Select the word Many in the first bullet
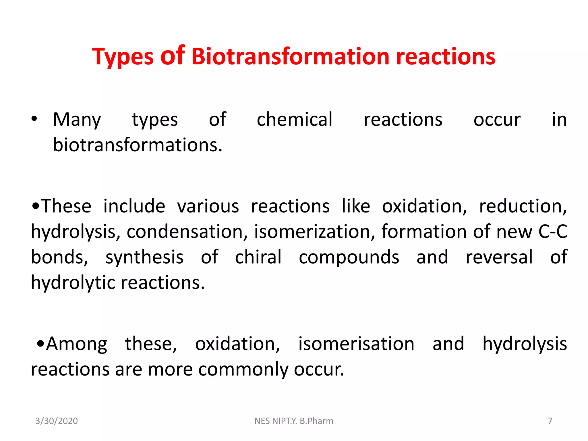77,120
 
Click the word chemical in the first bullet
294,119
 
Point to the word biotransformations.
138,145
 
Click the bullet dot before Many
34,119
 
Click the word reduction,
523,206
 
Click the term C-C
553,231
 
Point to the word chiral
258,257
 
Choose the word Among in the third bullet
77,344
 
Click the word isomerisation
356,344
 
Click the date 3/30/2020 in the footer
56,421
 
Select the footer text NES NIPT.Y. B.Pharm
294,421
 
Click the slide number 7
550,421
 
